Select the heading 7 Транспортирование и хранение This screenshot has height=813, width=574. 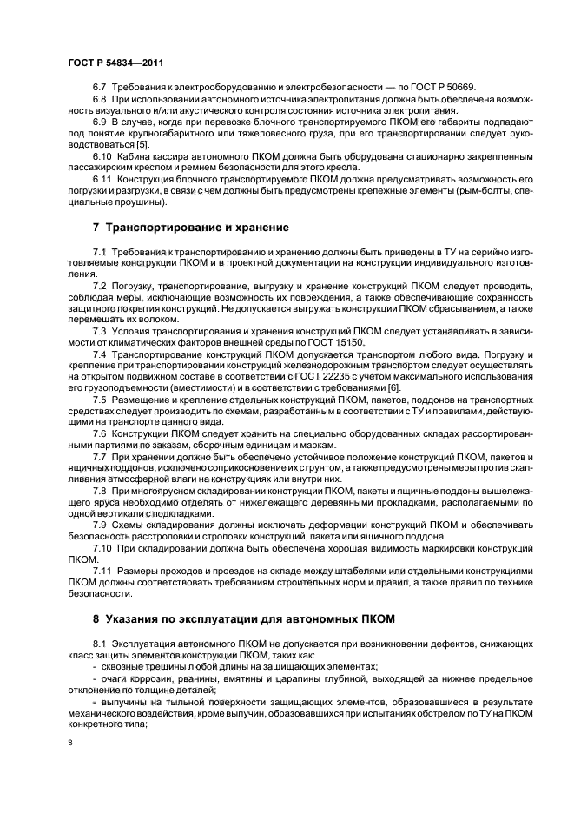click(x=190, y=228)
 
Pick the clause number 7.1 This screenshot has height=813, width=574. click(x=100, y=251)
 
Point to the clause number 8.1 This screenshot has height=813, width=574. click(x=100, y=643)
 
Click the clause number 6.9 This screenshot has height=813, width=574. click(x=100, y=122)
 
